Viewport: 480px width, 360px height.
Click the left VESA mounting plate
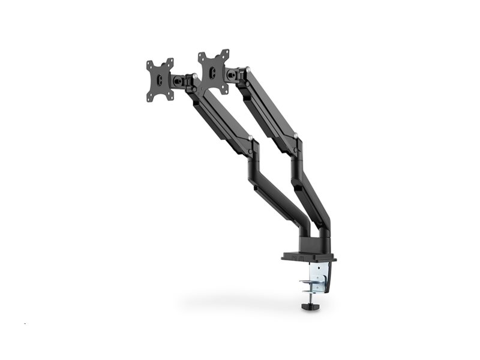[160, 79]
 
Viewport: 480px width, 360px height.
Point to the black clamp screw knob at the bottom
[309, 306]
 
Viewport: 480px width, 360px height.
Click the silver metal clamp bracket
[320, 276]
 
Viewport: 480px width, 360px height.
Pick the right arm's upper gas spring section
[270, 108]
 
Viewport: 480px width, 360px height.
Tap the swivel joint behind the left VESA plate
[179, 79]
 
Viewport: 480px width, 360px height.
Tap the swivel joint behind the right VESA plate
[231, 74]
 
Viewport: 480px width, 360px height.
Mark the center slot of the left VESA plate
[160, 80]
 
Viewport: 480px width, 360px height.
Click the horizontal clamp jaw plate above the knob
[309, 283]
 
